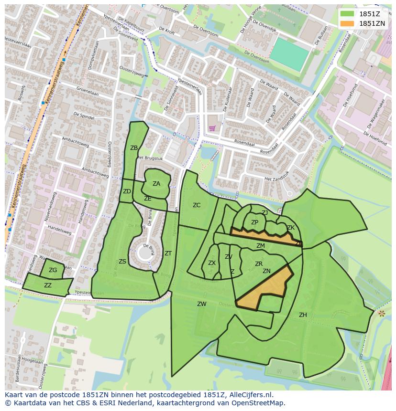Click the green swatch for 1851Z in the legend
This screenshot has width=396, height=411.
347,14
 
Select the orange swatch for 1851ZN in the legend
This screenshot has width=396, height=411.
347,23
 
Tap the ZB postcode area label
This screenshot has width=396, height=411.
134,148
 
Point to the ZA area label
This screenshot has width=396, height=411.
156,184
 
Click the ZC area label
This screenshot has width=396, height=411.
197,205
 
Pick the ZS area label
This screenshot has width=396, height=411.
122,262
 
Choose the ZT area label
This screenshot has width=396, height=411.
168,253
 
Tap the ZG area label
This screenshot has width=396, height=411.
53,270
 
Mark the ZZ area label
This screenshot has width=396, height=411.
48,285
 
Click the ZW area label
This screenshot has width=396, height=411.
202,304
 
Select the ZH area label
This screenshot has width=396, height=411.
303,315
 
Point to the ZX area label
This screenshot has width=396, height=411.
212,263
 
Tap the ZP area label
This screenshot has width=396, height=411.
254,222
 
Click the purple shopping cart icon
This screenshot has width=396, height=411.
212,128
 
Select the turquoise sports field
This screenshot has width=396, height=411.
289,53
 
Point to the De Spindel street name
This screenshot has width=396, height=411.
83,116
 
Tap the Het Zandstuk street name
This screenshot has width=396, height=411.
276,175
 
